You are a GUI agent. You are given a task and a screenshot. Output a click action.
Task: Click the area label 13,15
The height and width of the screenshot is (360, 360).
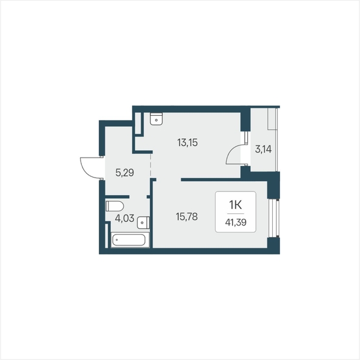point(187,142)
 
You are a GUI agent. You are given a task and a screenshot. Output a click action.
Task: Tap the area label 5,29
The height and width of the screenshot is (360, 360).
point(125,172)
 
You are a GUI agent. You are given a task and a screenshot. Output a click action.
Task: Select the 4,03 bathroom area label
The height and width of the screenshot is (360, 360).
point(124,218)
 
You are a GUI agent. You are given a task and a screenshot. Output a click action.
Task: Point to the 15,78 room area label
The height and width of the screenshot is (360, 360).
point(187,216)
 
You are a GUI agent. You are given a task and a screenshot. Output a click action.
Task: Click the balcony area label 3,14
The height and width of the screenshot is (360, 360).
point(263,149)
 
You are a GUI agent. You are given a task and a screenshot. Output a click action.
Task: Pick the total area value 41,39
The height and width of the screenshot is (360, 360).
point(236,222)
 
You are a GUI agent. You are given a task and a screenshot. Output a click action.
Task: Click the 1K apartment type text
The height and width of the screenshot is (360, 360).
point(236,205)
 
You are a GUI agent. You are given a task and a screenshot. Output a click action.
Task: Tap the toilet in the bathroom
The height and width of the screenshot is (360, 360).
point(115,206)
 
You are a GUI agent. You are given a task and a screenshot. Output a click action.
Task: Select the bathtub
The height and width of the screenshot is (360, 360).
point(130,240)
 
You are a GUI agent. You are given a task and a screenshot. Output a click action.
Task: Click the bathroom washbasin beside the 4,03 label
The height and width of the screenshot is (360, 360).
point(143,222)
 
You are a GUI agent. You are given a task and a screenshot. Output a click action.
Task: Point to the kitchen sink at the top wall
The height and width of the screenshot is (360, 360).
point(156,119)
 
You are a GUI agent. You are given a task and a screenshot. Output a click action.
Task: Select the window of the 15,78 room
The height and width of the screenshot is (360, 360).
point(275,218)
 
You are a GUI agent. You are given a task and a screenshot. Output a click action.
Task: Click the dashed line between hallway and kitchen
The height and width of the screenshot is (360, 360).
point(151,165)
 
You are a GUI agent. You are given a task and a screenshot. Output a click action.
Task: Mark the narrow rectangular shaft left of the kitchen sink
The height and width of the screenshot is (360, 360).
point(138,123)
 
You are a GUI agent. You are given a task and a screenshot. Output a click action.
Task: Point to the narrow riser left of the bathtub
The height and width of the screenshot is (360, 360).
point(106,236)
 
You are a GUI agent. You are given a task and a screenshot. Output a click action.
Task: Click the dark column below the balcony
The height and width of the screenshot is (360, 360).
point(274,185)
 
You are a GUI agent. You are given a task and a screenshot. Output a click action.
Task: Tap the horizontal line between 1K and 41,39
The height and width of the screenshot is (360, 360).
point(236,214)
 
